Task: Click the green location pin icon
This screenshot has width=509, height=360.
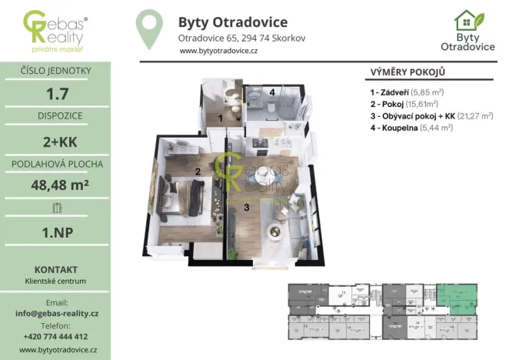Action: tap(149, 28)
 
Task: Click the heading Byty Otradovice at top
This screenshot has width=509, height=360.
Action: tap(232, 22)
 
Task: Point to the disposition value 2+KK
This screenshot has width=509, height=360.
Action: tap(55, 142)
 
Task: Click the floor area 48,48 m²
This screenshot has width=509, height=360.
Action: tap(55, 185)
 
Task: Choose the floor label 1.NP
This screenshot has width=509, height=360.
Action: tap(55, 228)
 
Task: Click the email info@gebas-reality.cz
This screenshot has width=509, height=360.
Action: tap(55, 314)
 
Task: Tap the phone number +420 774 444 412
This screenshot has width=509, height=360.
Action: tap(55, 336)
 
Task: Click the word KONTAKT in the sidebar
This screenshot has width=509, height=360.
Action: tap(55, 270)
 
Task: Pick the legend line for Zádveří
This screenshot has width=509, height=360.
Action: tap(409, 92)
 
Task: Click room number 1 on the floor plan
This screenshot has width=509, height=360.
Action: tap(221, 118)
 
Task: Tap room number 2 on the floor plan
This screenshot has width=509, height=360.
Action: tap(198, 171)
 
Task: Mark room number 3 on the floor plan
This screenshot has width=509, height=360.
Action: tap(247, 206)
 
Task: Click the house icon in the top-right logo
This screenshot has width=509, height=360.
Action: tap(465, 20)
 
